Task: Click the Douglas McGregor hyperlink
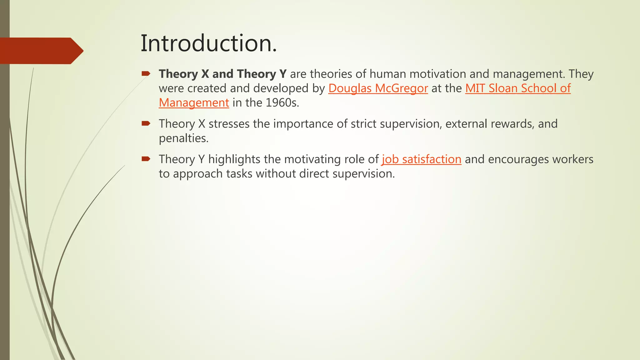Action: [378, 88]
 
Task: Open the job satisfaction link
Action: [421, 159]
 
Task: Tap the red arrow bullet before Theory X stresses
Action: [146, 123]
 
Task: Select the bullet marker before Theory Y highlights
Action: [146, 159]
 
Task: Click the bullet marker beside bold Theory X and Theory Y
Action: [146, 74]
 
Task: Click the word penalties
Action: [183, 138]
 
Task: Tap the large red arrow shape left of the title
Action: [41, 51]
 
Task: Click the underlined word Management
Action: [194, 103]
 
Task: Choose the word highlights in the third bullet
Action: [234, 159]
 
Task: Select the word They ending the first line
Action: [581, 74]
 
